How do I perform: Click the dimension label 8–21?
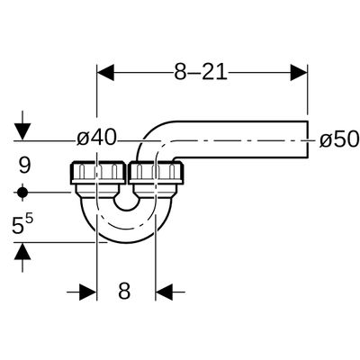(201, 72)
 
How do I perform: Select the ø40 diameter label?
(96, 139)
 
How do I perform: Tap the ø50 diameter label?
(339, 139)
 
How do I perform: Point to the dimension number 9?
(24, 166)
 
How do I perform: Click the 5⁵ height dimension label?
(22, 225)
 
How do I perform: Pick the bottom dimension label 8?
(124, 291)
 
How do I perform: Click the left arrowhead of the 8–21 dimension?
(105, 73)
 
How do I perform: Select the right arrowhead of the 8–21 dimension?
(299, 73)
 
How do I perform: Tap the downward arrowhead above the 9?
(22, 131)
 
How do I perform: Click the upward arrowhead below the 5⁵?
(22, 251)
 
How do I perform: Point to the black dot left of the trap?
(22, 193)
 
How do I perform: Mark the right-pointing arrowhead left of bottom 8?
(88, 292)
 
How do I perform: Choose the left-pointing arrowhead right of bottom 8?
(164, 292)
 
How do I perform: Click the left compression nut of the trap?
(98, 173)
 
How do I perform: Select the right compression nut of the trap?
(156, 173)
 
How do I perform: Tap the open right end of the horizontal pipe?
(308, 139)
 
